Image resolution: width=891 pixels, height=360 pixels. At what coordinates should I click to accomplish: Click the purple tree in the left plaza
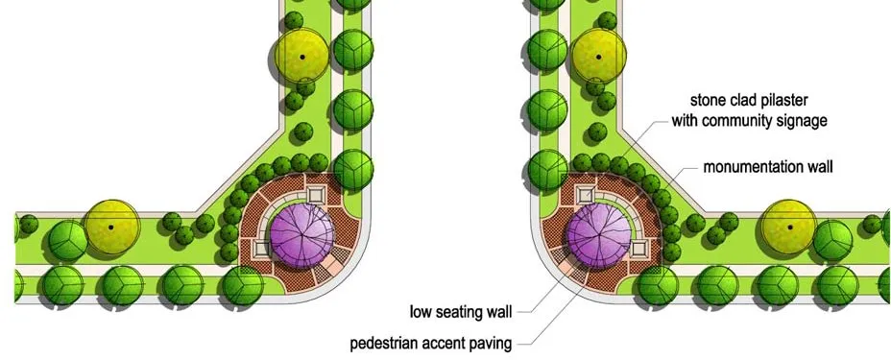pyautogui.click(x=302, y=233)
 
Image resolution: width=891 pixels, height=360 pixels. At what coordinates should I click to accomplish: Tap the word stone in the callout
pyautogui.click(x=710, y=100)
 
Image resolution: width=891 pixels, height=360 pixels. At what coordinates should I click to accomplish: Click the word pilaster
pyautogui.click(x=794, y=100)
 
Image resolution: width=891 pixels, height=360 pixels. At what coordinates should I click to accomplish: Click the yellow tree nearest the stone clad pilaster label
pyautogui.click(x=600, y=56)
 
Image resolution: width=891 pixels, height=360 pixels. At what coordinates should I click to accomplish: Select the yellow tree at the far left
pyautogui.click(x=111, y=228)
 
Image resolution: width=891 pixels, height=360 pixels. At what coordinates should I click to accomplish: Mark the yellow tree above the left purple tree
pyautogui.click(x=302, y=56)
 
